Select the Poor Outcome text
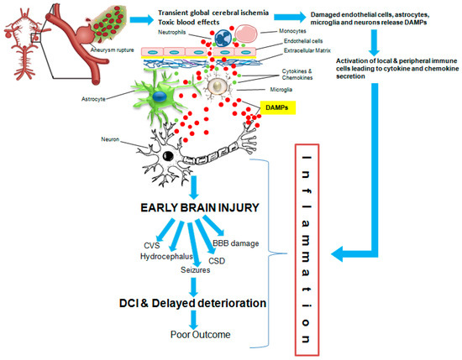click(x=199, y=335)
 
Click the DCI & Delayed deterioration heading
click(x=198, y=301)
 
